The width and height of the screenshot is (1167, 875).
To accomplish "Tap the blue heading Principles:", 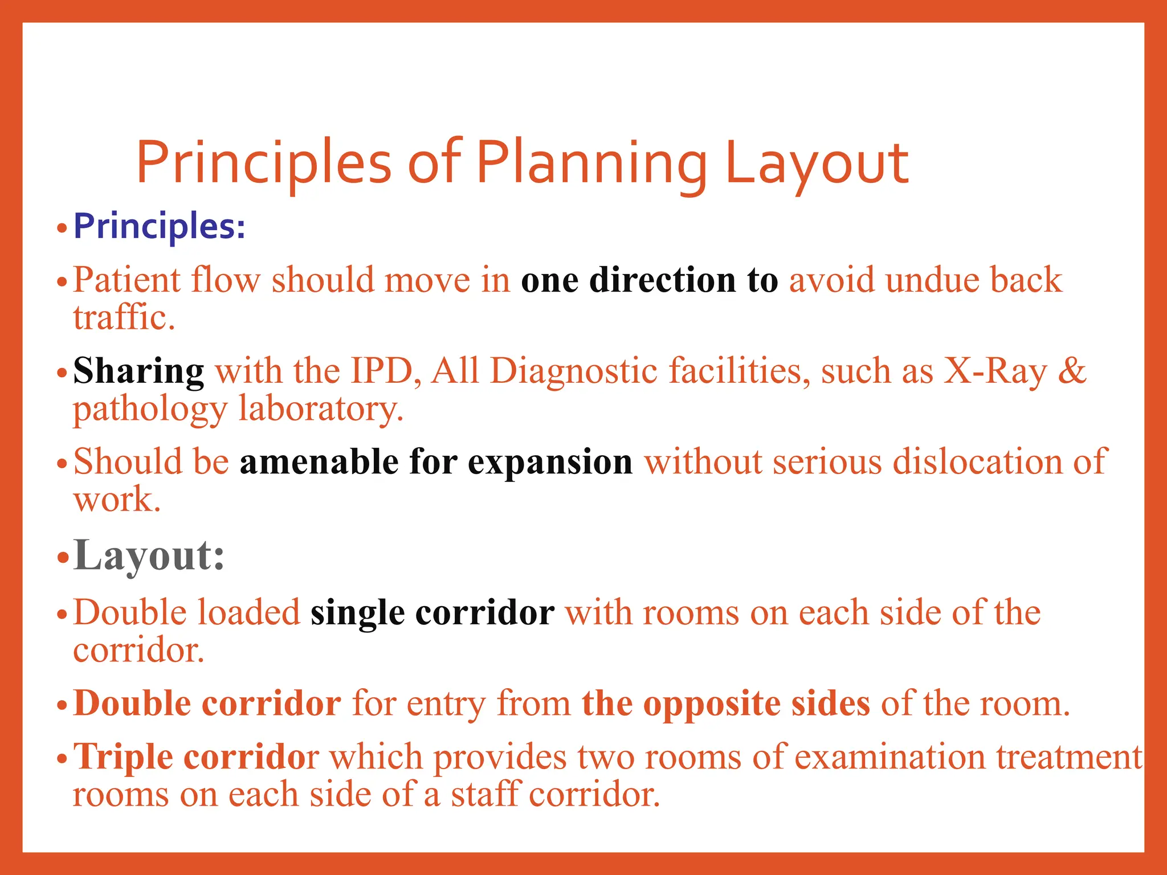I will tap(160, 227).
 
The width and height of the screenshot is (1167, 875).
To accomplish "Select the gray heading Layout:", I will tap(149, 555).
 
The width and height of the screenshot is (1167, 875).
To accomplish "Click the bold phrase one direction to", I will tap(649, 280).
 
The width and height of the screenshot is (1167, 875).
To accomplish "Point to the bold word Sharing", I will tap(138, 371).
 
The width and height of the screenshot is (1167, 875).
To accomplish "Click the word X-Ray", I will tap(995, 371).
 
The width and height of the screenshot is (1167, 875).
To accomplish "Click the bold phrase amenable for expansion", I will tap(436, 462).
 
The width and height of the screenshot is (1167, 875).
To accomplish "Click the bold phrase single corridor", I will tap(432, 614).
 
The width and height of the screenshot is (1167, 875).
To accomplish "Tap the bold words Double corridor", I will tap(207, 704).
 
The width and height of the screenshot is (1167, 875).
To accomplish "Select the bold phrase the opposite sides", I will tap(725, 704).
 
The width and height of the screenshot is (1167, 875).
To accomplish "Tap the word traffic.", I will tap(124, 318).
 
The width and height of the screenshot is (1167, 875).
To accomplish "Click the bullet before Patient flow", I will tap(63, 282).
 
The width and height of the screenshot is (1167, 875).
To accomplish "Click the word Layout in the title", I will tap(816, 165).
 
